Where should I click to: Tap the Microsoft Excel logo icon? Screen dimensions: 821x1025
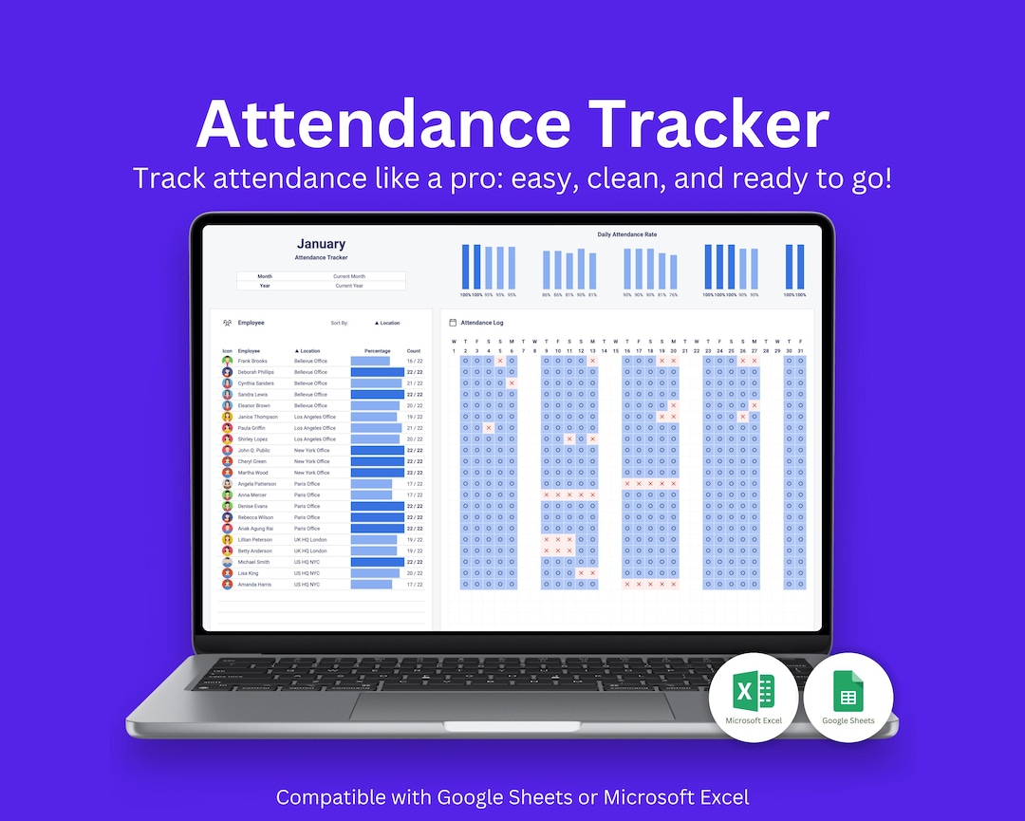click(754, 692)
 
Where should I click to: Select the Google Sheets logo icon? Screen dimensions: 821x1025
click(848, 692)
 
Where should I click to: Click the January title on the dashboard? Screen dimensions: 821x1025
click(321, 244)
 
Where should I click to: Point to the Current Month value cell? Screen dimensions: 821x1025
click(349, 276)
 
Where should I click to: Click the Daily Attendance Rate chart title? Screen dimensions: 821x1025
click(626, 234)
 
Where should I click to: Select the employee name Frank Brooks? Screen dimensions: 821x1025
click(252, 362)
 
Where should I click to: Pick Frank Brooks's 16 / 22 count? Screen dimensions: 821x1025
click(414, 362)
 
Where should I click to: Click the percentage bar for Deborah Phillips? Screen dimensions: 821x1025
click(378, 372)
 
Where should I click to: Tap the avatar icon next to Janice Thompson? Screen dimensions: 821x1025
click(228, 417)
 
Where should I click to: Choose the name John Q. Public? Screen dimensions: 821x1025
click(254, 451)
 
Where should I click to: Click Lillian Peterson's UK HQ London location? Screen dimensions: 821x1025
click(310, 540)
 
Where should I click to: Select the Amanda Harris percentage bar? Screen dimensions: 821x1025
click(371, 585)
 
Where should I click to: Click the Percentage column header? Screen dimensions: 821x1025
click(378, 351)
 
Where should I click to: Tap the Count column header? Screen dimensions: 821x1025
click(414, 351)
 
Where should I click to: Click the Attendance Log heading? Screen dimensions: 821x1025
click(482, 323)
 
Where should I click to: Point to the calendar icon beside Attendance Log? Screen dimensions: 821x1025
click(453, 323)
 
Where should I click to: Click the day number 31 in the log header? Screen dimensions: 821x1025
click(800, 351)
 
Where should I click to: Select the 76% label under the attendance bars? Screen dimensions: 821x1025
click(674, 295)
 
